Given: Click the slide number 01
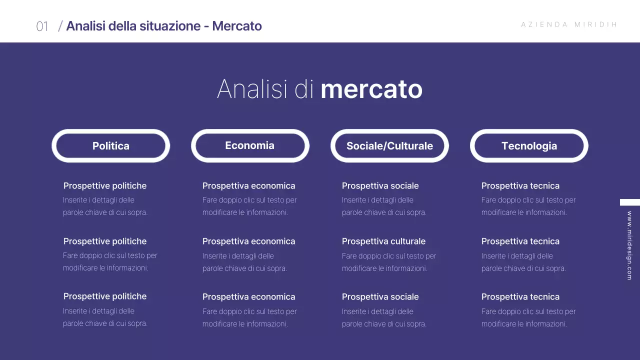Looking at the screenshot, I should tap(42, 26).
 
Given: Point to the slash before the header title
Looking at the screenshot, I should tap(60, 26).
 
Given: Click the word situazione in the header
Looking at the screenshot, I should tap(170, 26).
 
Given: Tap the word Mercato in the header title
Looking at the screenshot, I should tap(237, 26).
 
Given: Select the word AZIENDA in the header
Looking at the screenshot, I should tap(544, 24).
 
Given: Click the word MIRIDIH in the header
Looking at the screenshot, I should tap(596, 24).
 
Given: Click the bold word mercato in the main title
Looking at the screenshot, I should tap(371, 89).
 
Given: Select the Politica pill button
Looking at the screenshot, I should tap(111, 146).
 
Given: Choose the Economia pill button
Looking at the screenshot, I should tap(250, 145).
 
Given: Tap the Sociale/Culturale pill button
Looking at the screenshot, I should tap(389, 146).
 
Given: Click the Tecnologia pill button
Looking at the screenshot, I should tap(529, 146).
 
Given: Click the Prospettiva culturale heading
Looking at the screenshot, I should tap(383, 241).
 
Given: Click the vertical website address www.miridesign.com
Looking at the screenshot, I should tap(629, 245).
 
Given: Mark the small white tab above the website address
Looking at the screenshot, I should tap(629, 202).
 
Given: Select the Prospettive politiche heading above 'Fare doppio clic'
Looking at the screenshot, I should tap(105, 241).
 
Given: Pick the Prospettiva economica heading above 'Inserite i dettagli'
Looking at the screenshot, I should tap(248, 241).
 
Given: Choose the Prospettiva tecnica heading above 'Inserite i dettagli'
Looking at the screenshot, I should tap(520, 241).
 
